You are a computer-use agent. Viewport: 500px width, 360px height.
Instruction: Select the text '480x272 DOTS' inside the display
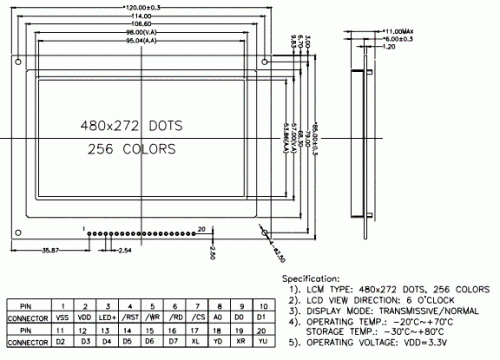coord(129,128)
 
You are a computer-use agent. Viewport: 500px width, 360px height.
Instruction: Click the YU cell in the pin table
coord(262,341)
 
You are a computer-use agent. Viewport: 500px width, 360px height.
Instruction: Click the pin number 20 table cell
coord(262,328)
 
